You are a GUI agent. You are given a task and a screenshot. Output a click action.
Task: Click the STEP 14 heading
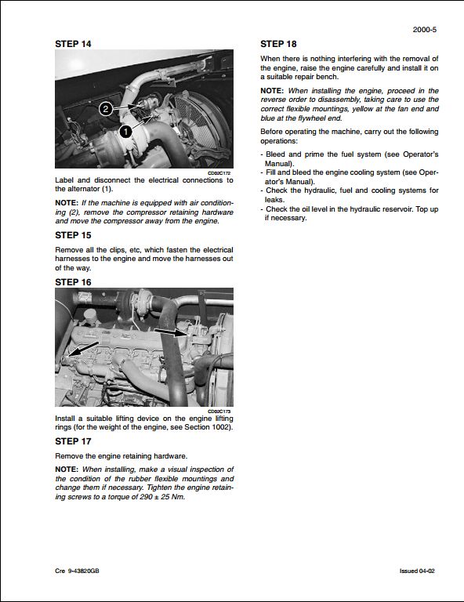click(73, 44)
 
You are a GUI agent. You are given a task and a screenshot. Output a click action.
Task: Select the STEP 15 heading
click(73, 235)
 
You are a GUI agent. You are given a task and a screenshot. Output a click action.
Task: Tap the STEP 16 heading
click(73, 281)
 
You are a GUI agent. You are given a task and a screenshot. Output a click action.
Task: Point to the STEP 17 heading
click(73, 441)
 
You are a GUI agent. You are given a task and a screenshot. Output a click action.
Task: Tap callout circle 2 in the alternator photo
click(107, 109)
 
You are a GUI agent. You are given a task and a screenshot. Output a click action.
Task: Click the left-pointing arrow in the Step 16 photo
click(82, 349)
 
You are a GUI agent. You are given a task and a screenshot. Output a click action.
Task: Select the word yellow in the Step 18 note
click(364, 108)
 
